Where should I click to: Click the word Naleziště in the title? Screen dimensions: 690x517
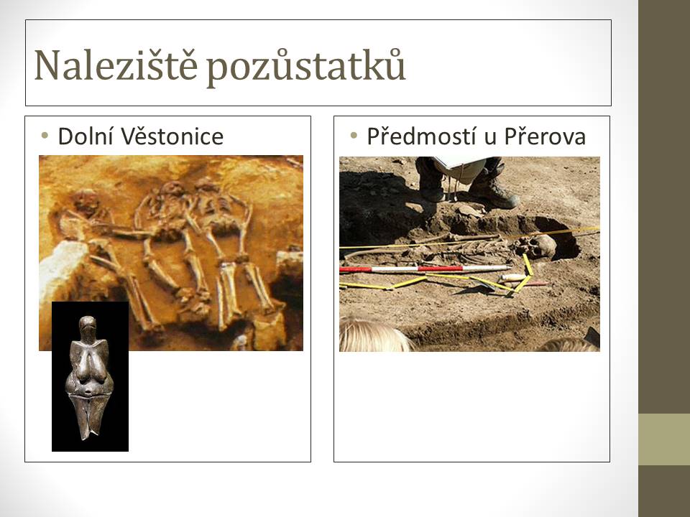tap(116, 65)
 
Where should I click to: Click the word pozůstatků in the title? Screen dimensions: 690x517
tap(306, 67)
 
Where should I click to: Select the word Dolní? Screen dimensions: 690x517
tap(86, 136)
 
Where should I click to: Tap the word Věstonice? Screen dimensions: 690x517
tap(172, 136)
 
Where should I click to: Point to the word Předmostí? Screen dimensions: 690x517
tap(422, 136)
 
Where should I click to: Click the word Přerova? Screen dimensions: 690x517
tap(546, 136)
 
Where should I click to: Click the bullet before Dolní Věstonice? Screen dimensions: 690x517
tap(44, 136)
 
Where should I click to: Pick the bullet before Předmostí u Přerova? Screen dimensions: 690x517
tap(354, 136)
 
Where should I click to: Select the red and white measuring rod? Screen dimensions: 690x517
tap(425, 269)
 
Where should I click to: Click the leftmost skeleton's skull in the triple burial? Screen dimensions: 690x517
tap(86, 200)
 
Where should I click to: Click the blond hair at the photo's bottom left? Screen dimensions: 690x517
tap(374, 336)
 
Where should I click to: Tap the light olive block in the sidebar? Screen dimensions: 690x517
tap(664, 439)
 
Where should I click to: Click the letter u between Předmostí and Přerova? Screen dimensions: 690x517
tap(490, 139)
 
